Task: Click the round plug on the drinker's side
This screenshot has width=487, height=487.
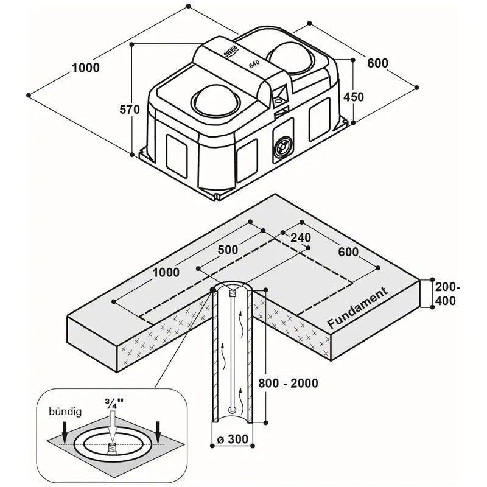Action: pos(281,147)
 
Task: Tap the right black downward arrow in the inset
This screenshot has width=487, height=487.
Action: pos(158,430)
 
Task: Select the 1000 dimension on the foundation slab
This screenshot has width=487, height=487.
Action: pos(167,273)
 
